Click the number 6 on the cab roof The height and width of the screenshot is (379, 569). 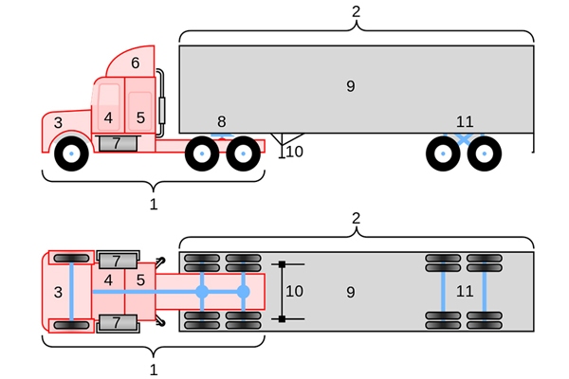135,63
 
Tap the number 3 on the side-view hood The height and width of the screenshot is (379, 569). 58,122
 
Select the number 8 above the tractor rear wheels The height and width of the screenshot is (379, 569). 221,121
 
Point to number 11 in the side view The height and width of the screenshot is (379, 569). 464,121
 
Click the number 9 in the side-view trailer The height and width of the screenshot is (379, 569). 350,86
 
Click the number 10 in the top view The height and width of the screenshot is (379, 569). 295,291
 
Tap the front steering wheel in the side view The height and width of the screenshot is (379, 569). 71,153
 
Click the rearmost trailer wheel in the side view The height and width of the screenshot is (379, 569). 485,153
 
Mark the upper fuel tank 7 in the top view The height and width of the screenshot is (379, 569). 117,260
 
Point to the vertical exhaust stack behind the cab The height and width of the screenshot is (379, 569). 160,99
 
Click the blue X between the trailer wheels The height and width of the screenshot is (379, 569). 463,139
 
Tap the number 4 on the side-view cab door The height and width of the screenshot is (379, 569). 108,118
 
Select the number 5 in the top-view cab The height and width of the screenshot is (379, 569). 140,280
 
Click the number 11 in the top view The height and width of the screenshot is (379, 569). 464,291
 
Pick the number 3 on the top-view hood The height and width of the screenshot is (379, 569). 58,292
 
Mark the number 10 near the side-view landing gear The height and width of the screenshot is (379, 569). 295,152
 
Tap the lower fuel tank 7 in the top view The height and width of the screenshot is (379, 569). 117,323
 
